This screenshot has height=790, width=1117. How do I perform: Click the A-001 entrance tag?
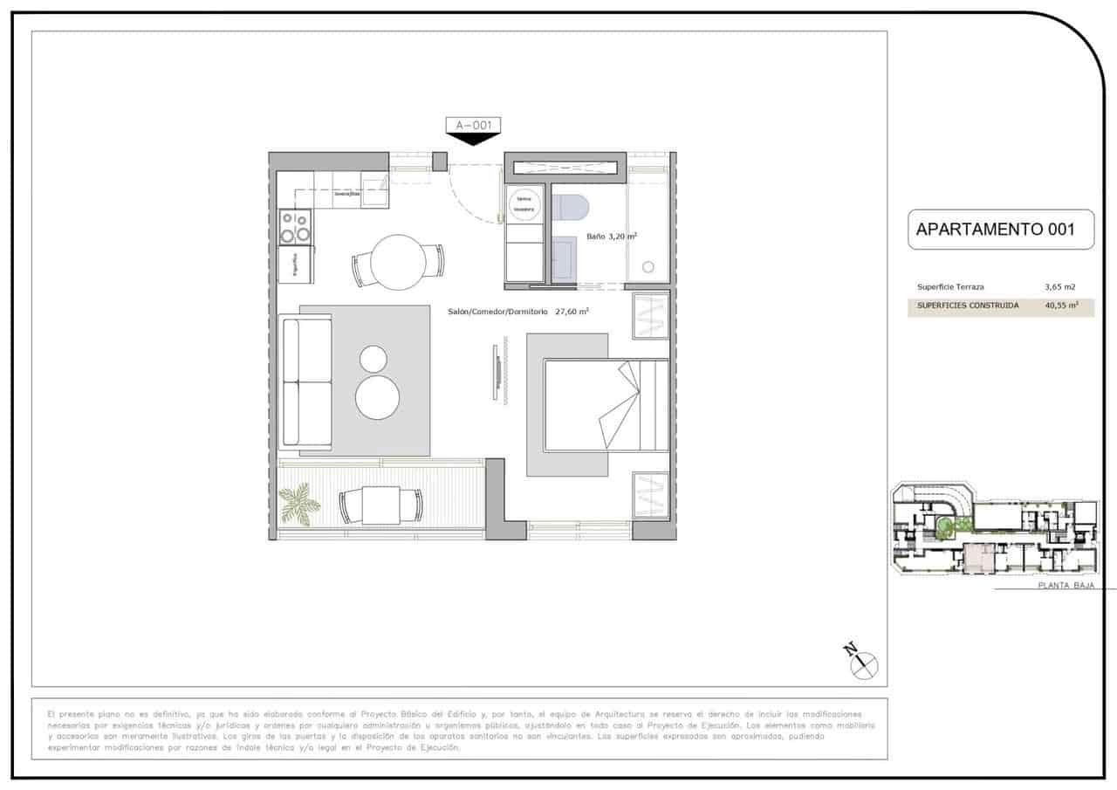click(x=473, y=126)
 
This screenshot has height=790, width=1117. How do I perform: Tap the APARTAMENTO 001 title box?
click(x=1000, y=230)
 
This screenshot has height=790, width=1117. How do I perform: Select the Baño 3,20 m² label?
click(x=611, y=236)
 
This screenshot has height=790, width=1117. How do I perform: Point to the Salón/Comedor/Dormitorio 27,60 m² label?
click(x=517, y=311)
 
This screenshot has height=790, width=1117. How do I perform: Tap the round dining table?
click(x=398, y=261)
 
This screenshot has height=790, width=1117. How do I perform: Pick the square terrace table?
click(x=380, y=505)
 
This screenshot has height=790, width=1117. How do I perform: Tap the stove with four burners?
click(x=296, y=227)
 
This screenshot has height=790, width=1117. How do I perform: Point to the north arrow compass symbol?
click(x=862, y=663)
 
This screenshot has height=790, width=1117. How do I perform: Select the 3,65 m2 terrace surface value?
click(x=1059, y=286)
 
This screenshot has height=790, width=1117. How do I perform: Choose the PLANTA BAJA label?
click(x=1065, y=586)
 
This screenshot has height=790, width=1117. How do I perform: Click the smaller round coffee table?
click(x=373, y=359)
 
